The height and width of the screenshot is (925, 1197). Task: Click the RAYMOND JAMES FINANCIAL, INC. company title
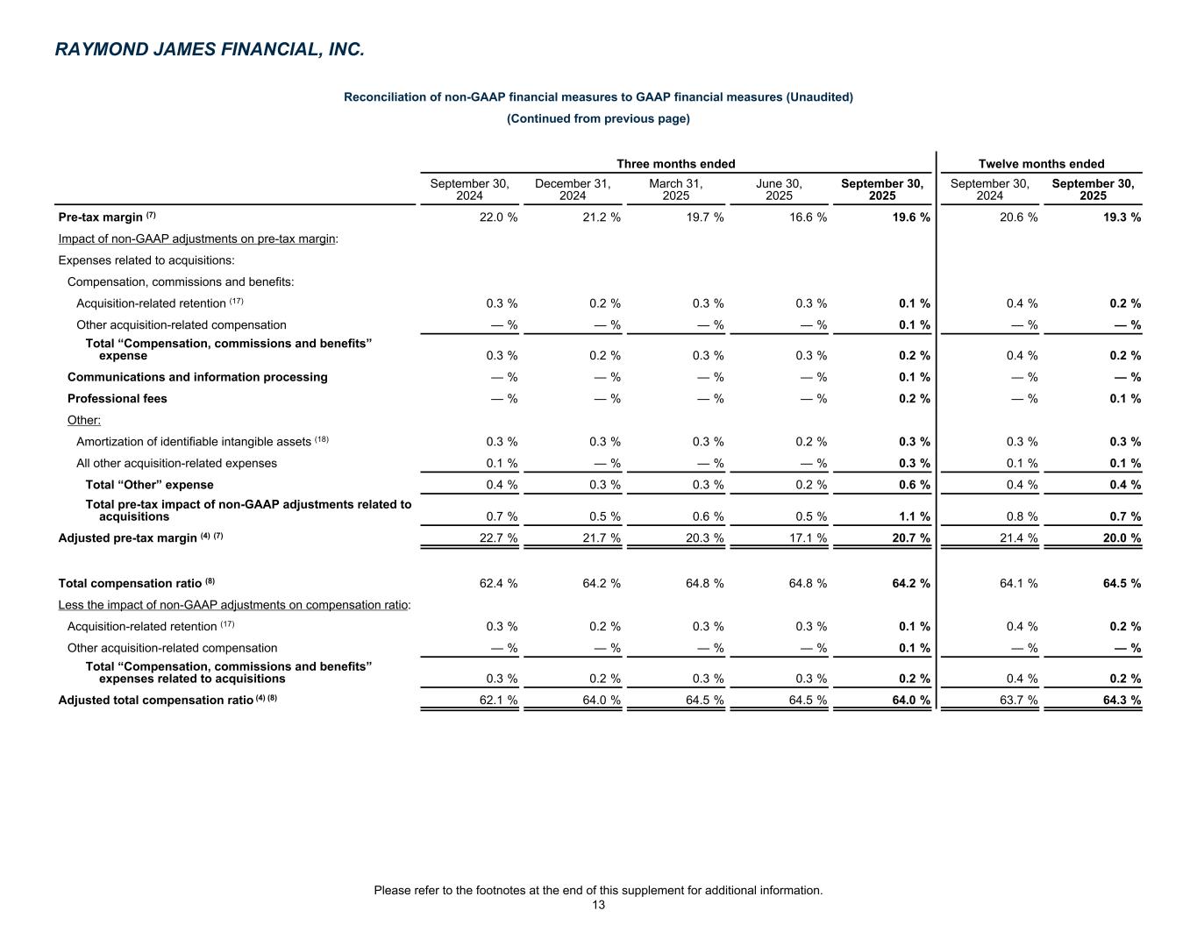(x=209, y=50)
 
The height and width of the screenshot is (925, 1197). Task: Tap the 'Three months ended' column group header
(x=675, y=164)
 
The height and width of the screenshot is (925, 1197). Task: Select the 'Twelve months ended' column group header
(x=1041, y=164)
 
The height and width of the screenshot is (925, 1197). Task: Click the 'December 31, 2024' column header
(x=573, y=189)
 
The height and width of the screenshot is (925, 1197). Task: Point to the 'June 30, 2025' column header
(x=779, y=189)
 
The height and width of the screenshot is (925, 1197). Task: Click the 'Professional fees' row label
(x=118, y=399)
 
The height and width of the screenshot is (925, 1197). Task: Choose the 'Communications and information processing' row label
(x=197, y=377)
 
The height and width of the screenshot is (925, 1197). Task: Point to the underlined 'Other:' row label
(x=84, y=420)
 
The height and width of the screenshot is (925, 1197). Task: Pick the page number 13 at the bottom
(x=598, y=906)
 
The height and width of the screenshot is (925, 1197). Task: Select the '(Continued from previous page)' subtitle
(x=598, y=118)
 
